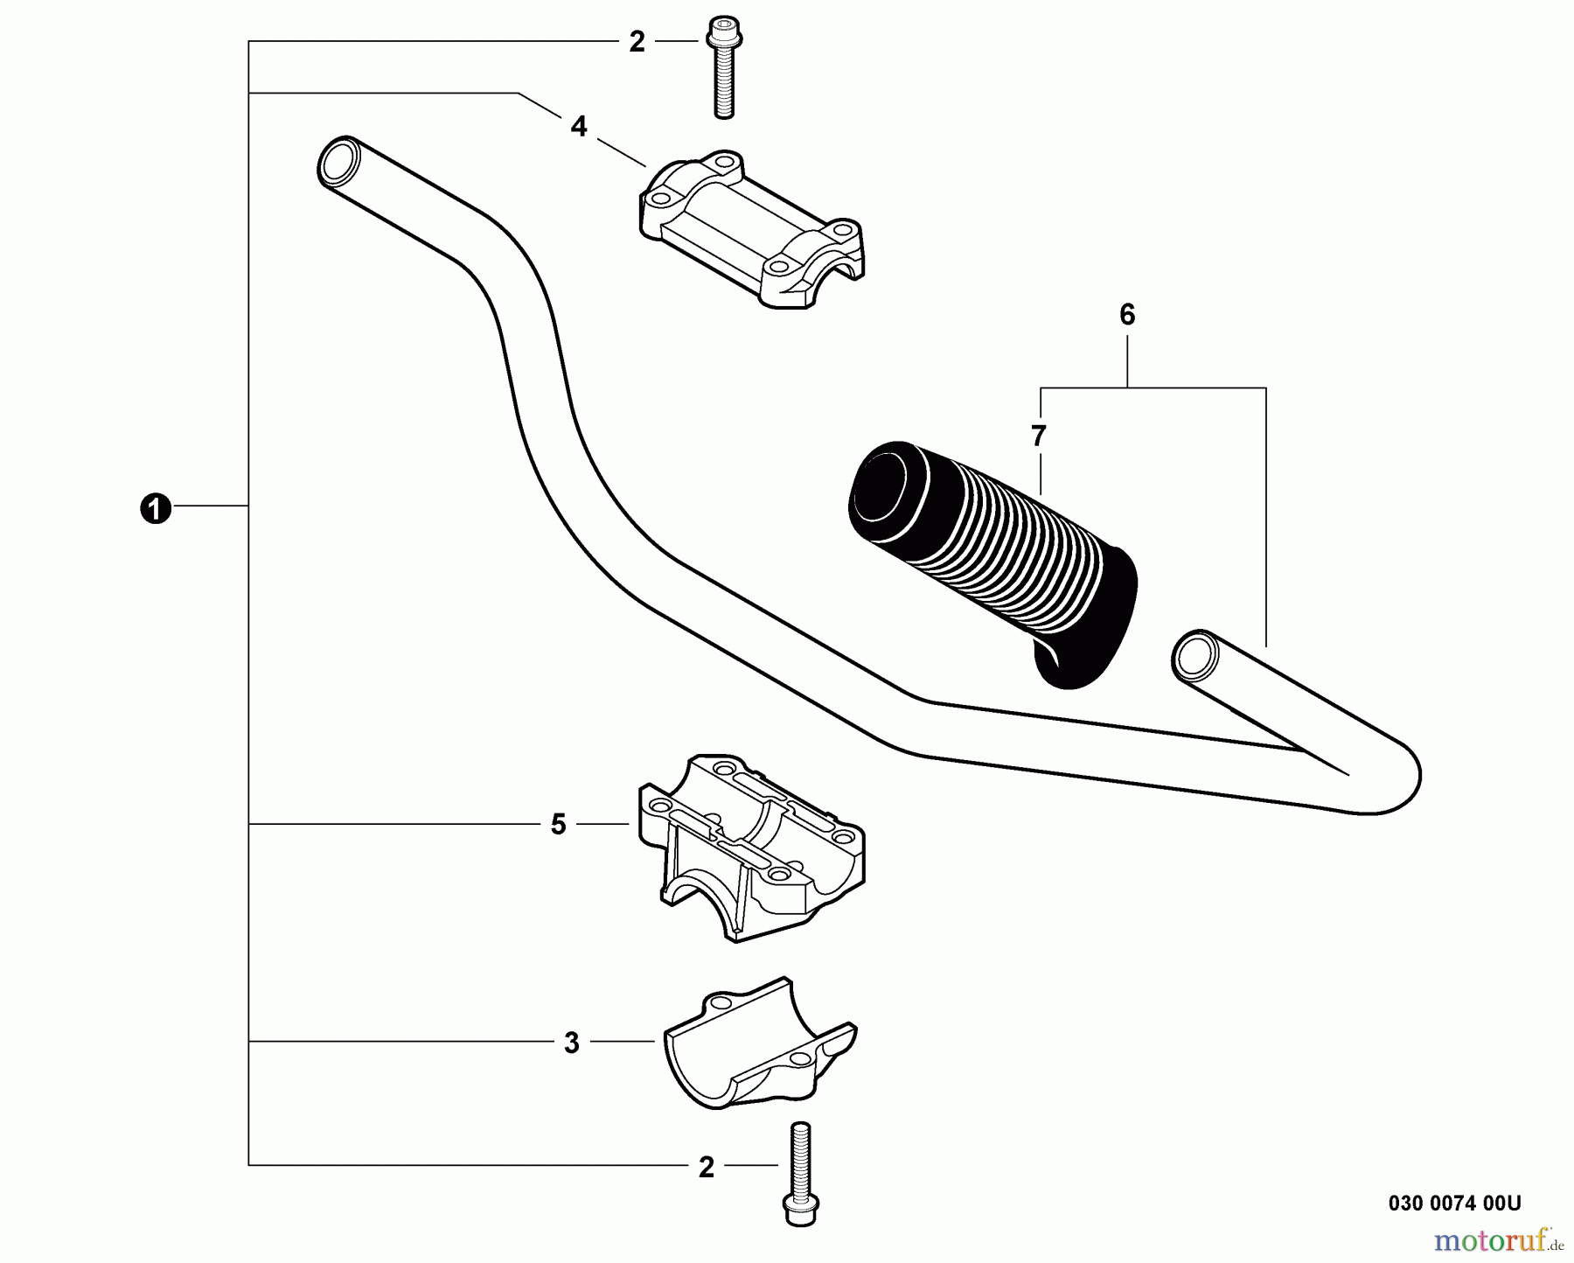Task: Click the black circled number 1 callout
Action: click(155, 508)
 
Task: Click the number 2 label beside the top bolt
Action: click(637, 42)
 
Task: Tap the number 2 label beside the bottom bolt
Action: click(707, 1167)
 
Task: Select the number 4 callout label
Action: click(579, 127)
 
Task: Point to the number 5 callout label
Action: click(559, 825)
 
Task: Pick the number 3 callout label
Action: click(571, 1043)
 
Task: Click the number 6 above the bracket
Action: click(1127, 315)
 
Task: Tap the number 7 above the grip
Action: click(1039, 436)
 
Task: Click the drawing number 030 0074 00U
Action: click(1454, 1204)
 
